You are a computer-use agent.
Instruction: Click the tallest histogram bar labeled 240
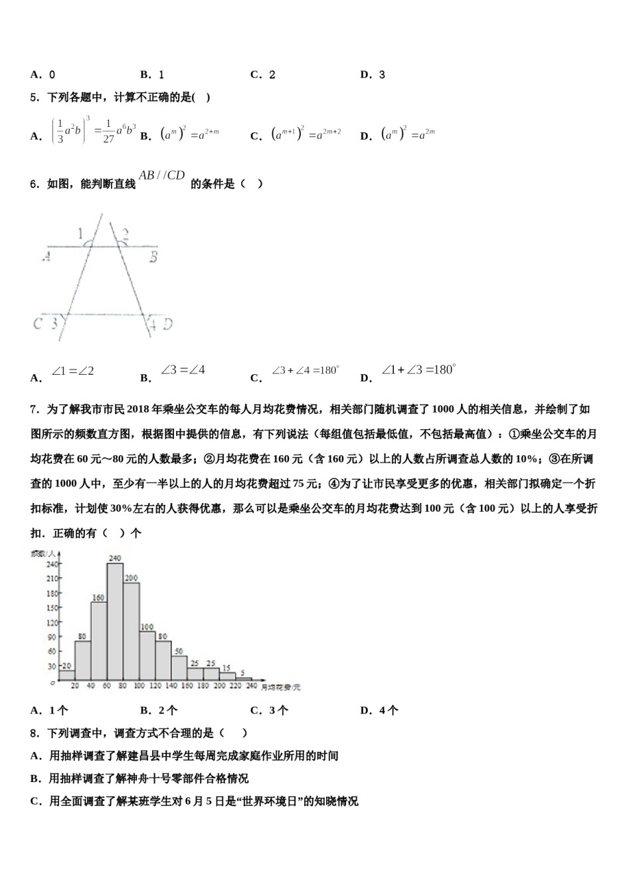point(115,621)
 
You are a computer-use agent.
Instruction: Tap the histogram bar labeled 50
point(179,668)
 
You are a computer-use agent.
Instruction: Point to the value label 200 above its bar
point(131,577)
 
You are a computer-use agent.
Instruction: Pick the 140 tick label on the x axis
point(171,686)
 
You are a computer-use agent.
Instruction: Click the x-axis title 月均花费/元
point(280,687)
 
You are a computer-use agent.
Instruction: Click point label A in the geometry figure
point(46,255)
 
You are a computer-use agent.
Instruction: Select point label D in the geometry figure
point(167,324)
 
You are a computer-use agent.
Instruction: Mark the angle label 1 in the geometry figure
point(80,234)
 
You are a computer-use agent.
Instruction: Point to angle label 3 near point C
point(54,324)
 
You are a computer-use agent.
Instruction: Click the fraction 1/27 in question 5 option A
point(108,133)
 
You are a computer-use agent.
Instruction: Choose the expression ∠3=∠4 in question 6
point(183,370)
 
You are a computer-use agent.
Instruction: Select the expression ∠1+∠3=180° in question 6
point(418,370)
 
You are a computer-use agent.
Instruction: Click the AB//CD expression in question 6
point(161,175)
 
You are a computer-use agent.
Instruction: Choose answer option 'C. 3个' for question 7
point(269,710)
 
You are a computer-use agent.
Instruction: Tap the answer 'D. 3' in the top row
point(373,75)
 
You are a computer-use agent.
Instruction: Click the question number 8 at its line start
point(33,733)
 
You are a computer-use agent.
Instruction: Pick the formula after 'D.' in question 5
point(408,134)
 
